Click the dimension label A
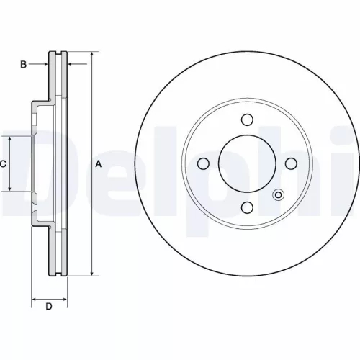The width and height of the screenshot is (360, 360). coord(99,164)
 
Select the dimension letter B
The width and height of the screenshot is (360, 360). coord(23,65)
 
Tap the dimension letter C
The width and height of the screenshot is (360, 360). coord(4,164)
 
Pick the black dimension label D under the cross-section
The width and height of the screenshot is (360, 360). coord(49,308)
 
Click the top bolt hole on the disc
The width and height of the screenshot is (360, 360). coord(246,120)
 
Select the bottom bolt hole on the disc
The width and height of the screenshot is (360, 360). coord(246,207)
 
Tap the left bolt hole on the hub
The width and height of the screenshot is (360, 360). coord(202,163)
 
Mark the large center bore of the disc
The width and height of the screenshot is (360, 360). coord(246,163)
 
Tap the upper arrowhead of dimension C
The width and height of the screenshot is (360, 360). coord(9,139)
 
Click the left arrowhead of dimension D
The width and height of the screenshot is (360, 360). coord(35,297)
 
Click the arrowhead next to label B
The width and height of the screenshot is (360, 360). coord(45,65)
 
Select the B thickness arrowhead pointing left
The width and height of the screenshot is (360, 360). coord(71,65)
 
